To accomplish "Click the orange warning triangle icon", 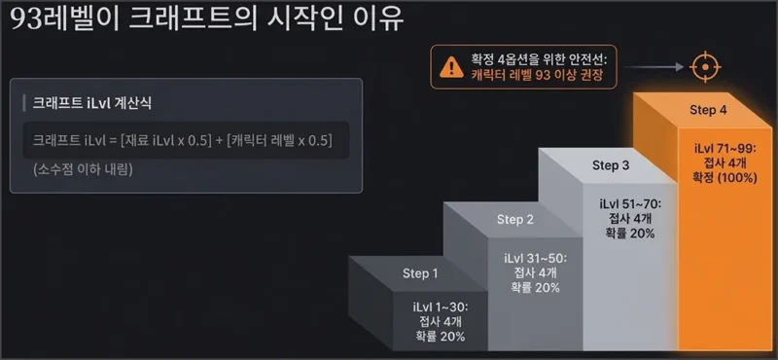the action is click(x=450, y=66).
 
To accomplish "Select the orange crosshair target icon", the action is click(x=703, y=67).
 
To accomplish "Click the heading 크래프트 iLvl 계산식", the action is click(x=92, y=101).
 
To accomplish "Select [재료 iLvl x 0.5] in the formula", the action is click(x=162, y=140).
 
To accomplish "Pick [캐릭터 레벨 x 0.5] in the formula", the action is click(x=278, y=140).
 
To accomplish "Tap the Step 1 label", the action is click(x=420, y=273).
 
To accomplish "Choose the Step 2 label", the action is click(x=515, y=219).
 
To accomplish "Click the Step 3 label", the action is click(x=611, y=165).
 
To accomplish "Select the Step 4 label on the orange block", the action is click(x=709, y=109).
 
